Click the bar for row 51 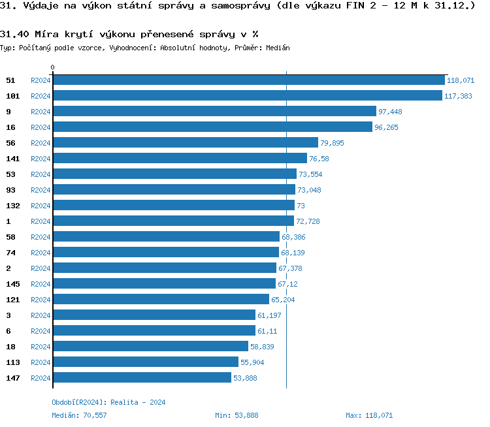(249, 80)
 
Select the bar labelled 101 (248, 96)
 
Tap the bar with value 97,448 (215, 112)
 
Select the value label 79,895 (332, 143)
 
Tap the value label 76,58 (319, 159)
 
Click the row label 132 (12, 206)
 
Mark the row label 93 (10, 190)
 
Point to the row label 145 (12, 284)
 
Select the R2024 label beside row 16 (41, 127)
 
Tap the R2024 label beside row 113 (41, 362)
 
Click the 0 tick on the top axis (53, 67)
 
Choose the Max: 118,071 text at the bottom (369, 415)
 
